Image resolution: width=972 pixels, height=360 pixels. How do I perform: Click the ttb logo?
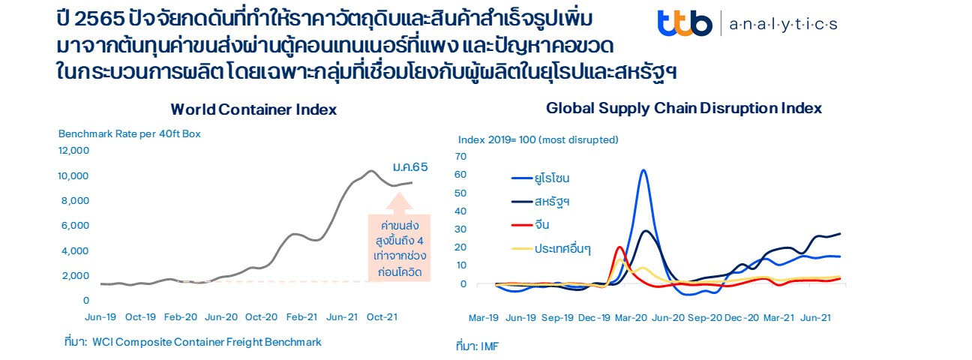pos(684,24)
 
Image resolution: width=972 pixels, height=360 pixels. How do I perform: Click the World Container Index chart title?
pos(253,109)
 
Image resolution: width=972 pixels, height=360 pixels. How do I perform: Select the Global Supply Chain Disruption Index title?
pos(683,108)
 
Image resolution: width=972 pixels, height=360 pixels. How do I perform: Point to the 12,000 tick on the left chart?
pos(74,151)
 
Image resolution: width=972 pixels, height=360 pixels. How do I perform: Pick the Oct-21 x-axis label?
pos(381,317)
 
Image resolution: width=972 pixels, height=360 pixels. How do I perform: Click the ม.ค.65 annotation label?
pos(409,166)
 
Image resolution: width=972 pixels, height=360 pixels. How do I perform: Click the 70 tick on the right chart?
pos(460,156)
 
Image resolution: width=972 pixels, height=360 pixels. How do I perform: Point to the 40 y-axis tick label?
pos(460,211)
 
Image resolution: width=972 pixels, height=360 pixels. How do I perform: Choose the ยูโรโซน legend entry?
pos(552,178)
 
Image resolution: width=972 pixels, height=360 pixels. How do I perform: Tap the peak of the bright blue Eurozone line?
pos(643,170)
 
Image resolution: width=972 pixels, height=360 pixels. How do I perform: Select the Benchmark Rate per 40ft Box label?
pos(130,134)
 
